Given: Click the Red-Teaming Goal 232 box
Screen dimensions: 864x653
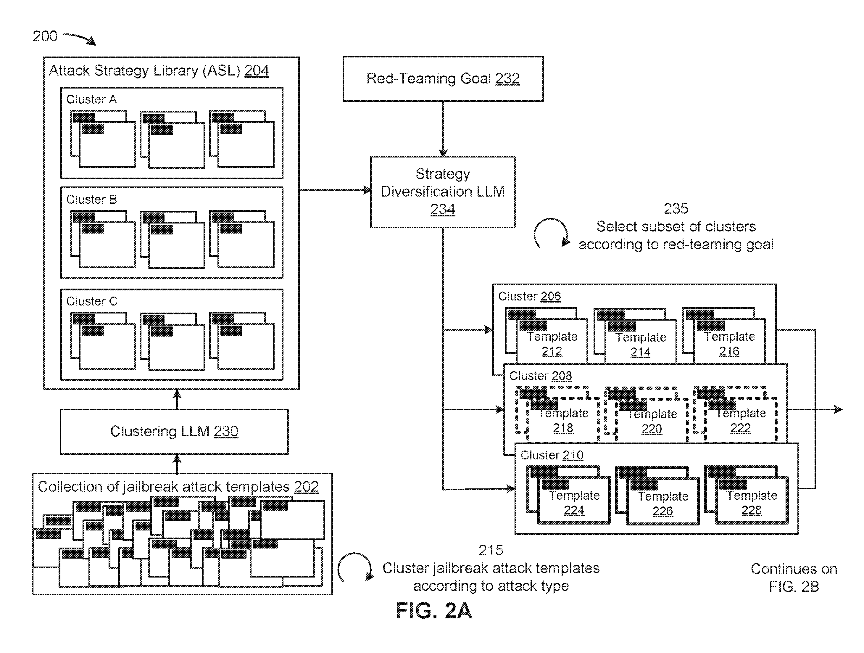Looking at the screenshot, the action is click(443, 79).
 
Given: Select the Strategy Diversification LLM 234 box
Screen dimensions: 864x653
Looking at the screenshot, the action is click(443, 192).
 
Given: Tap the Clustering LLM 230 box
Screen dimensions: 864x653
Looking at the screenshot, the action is click(174, 431).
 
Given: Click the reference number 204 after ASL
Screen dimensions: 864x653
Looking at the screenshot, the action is click(257, 71).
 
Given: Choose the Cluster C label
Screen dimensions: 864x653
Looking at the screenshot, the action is click(91, 301).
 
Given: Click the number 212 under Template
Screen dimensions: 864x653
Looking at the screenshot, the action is click(552, 351).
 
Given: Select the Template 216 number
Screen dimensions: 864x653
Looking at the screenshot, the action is click(729, 351).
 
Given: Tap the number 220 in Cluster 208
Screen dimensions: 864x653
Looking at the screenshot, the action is click(652, 429).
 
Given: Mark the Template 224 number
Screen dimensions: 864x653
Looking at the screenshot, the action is click(574, 510).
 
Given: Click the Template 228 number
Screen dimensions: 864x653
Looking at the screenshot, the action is click(752, 510).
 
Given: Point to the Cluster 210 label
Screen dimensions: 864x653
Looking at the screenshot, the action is click(552, 455).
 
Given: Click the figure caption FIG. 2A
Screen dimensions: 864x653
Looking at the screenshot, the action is click(434, 610).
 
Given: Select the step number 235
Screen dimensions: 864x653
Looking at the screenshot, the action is click(676, 209).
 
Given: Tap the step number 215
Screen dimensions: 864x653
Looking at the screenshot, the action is click(491, 550).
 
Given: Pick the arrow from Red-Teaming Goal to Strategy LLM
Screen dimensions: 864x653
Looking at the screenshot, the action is click(443, 129).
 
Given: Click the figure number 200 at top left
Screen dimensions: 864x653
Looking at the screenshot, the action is click(45, 36).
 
